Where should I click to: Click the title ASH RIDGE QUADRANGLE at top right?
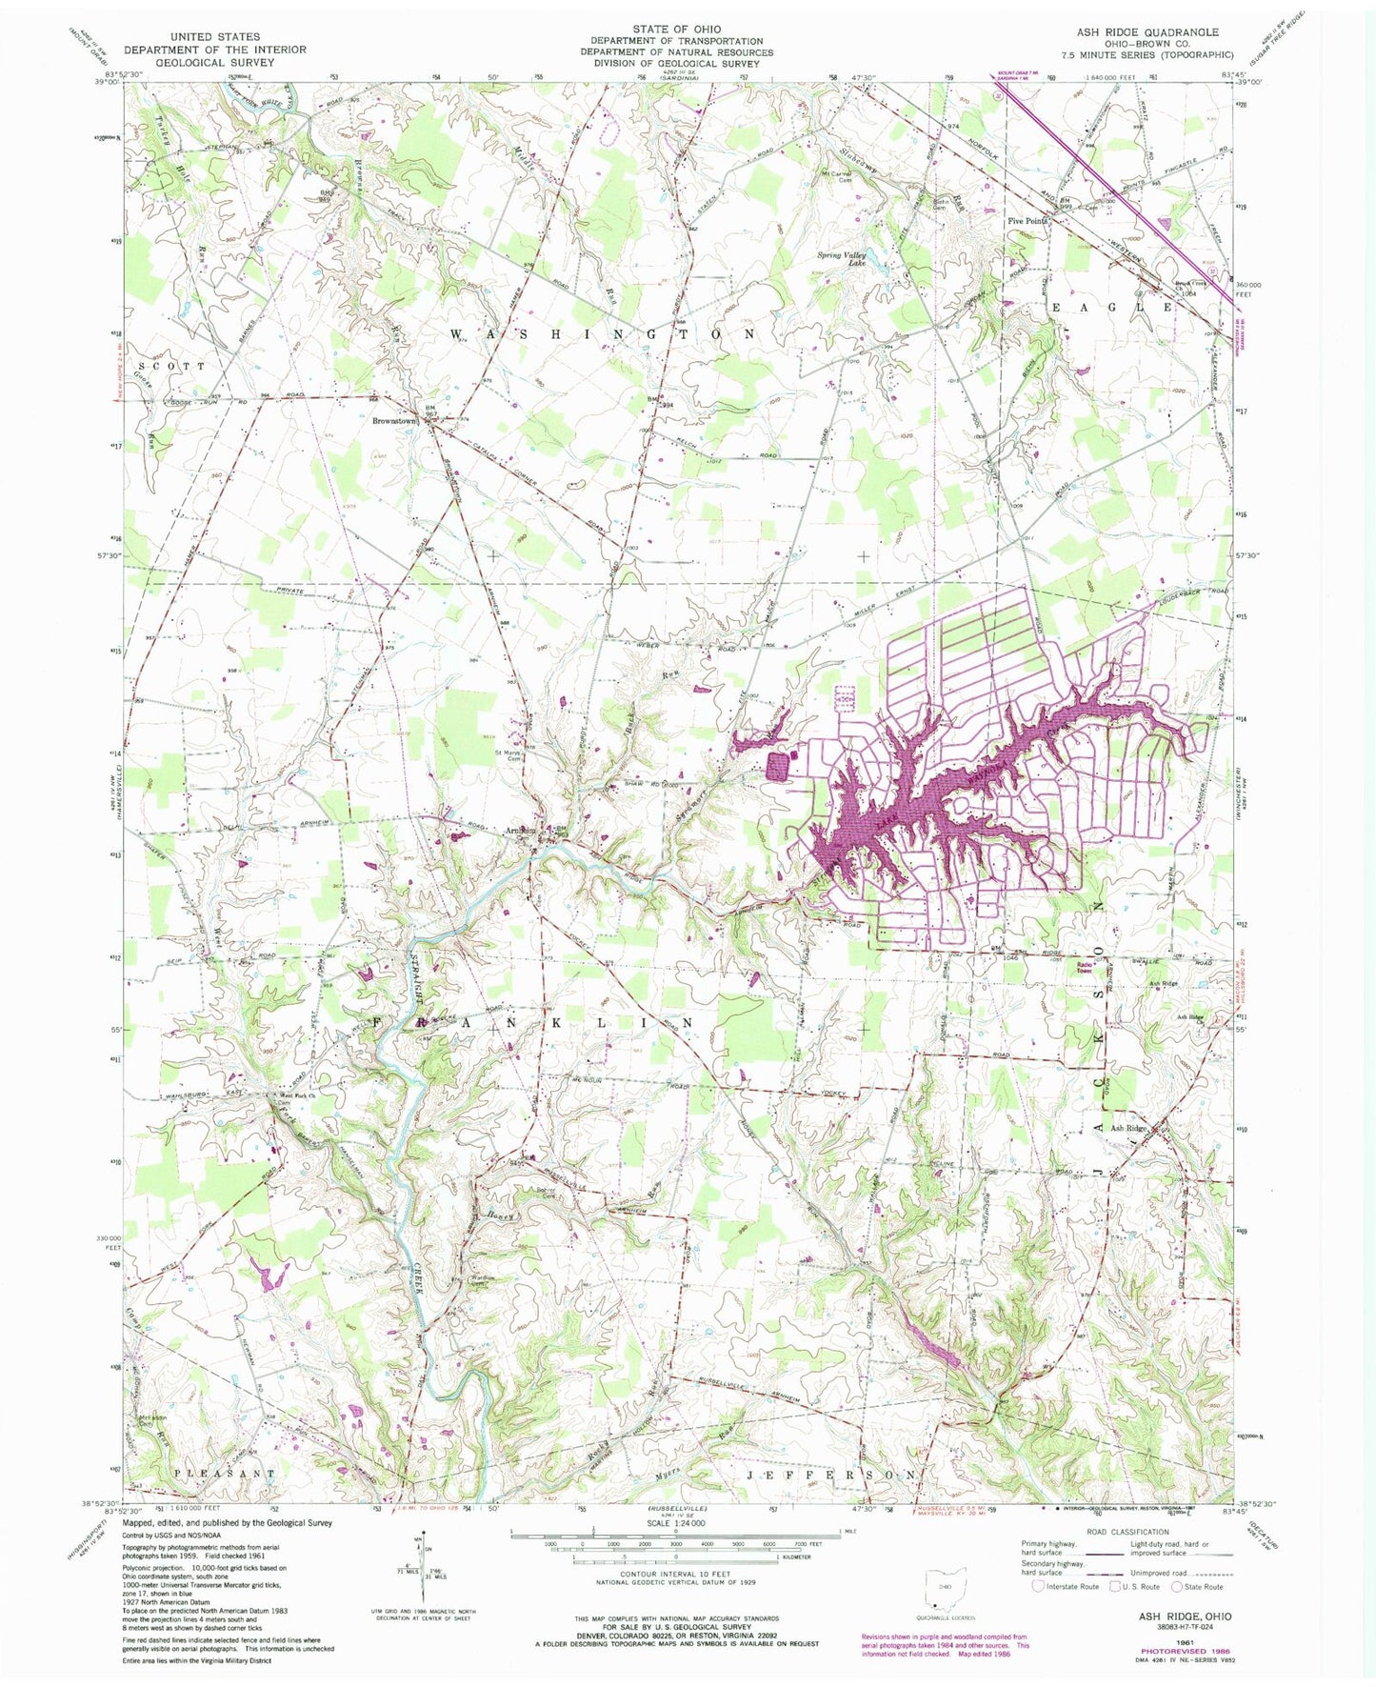1144,31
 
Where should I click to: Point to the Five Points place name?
1027,220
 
